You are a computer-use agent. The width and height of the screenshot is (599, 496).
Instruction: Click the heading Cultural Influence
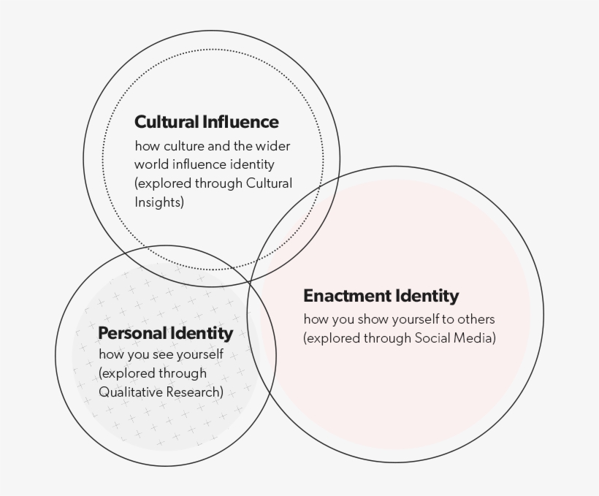[207, 122]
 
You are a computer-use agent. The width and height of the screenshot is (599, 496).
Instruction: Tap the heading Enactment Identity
[381, 296]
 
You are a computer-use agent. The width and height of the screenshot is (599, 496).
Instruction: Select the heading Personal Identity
[165, 333]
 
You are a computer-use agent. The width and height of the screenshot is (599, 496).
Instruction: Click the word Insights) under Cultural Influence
[159, 202]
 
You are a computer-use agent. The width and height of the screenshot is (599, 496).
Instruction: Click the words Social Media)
[455, 337]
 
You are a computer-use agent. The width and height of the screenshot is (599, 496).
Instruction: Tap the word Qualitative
[129, 392]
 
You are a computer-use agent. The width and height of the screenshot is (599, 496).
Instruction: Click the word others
[478, 319]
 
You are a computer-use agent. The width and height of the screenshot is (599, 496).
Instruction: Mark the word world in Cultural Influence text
[151, 164]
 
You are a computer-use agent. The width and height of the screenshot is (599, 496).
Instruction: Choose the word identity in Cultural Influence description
[251, 164]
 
